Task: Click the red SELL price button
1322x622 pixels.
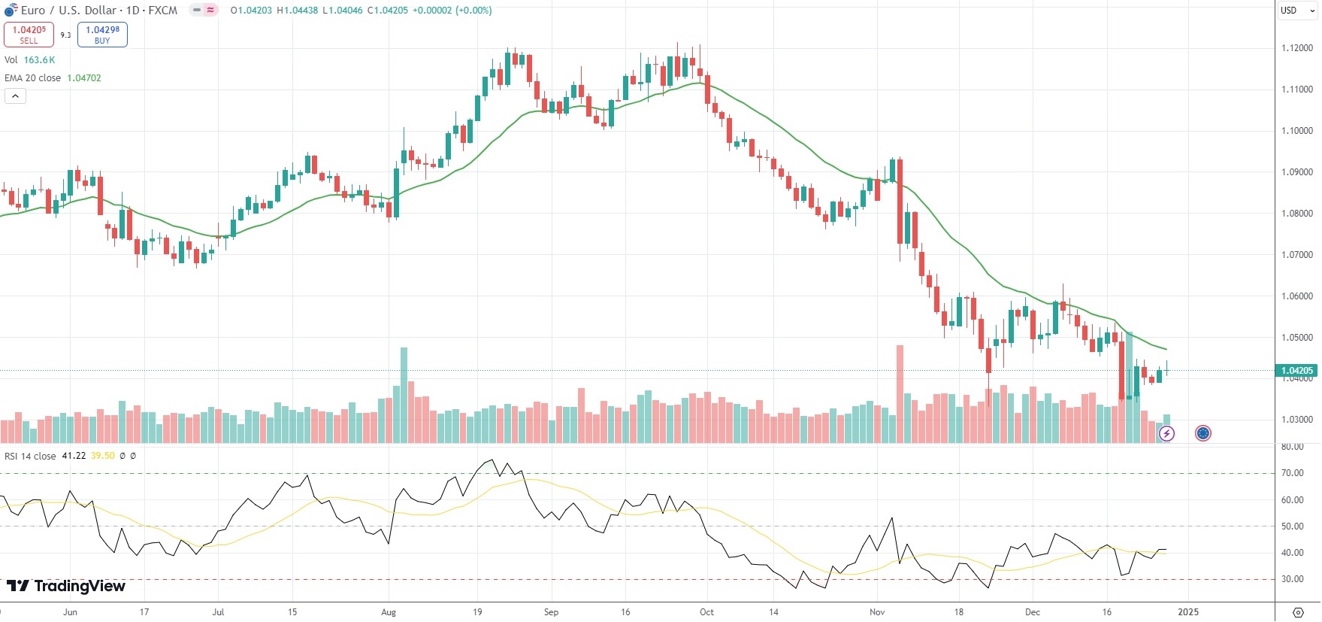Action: (29, 35)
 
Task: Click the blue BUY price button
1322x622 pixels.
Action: (102, 35)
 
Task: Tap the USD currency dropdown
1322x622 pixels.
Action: (1297, 11)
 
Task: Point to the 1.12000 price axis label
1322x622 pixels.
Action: (1296, 48)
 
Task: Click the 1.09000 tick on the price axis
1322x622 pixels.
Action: (1296, 172)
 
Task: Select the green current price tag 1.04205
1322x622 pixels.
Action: (1297, 371)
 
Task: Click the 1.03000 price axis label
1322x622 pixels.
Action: (1296, 420)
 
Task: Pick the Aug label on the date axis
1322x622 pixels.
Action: (389, 612)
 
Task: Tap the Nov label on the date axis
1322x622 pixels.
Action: (877, 612)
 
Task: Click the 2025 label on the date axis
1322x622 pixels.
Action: (1188, 612)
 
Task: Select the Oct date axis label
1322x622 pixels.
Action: (706, 612)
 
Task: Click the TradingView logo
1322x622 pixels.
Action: (66, 586)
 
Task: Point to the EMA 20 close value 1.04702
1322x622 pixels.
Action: (84, 78)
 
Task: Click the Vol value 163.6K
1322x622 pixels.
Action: (39, 60)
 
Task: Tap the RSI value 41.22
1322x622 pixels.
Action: (74, 456)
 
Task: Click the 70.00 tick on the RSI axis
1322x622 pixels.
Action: (1293, 473)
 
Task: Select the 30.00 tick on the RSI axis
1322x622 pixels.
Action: (1293, 579)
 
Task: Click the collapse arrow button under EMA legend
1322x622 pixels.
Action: (15, 96)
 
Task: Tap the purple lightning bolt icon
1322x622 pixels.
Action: (1166, 433)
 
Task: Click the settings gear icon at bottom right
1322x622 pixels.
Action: (1298, 612)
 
